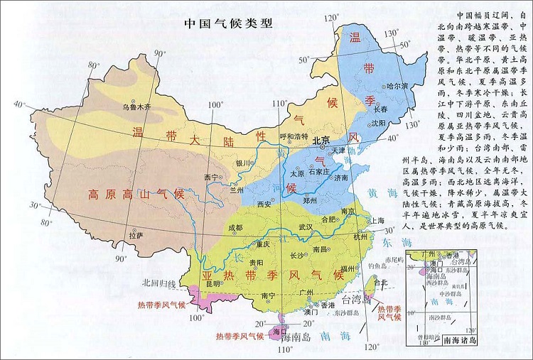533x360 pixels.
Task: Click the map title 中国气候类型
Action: pos(228,22)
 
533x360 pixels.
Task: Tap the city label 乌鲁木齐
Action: pos(136,108)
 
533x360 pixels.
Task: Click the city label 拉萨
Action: pos(135,235)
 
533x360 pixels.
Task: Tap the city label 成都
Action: pos(235,229)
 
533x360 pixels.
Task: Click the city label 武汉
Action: pos(306,227)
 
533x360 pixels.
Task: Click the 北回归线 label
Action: pos(158,283)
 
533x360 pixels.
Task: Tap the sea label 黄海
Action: pos(379,192)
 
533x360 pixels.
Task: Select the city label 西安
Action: pos(264,204)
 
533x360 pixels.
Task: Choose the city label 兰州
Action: pos(236,190)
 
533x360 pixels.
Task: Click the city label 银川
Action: pos(244,163)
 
